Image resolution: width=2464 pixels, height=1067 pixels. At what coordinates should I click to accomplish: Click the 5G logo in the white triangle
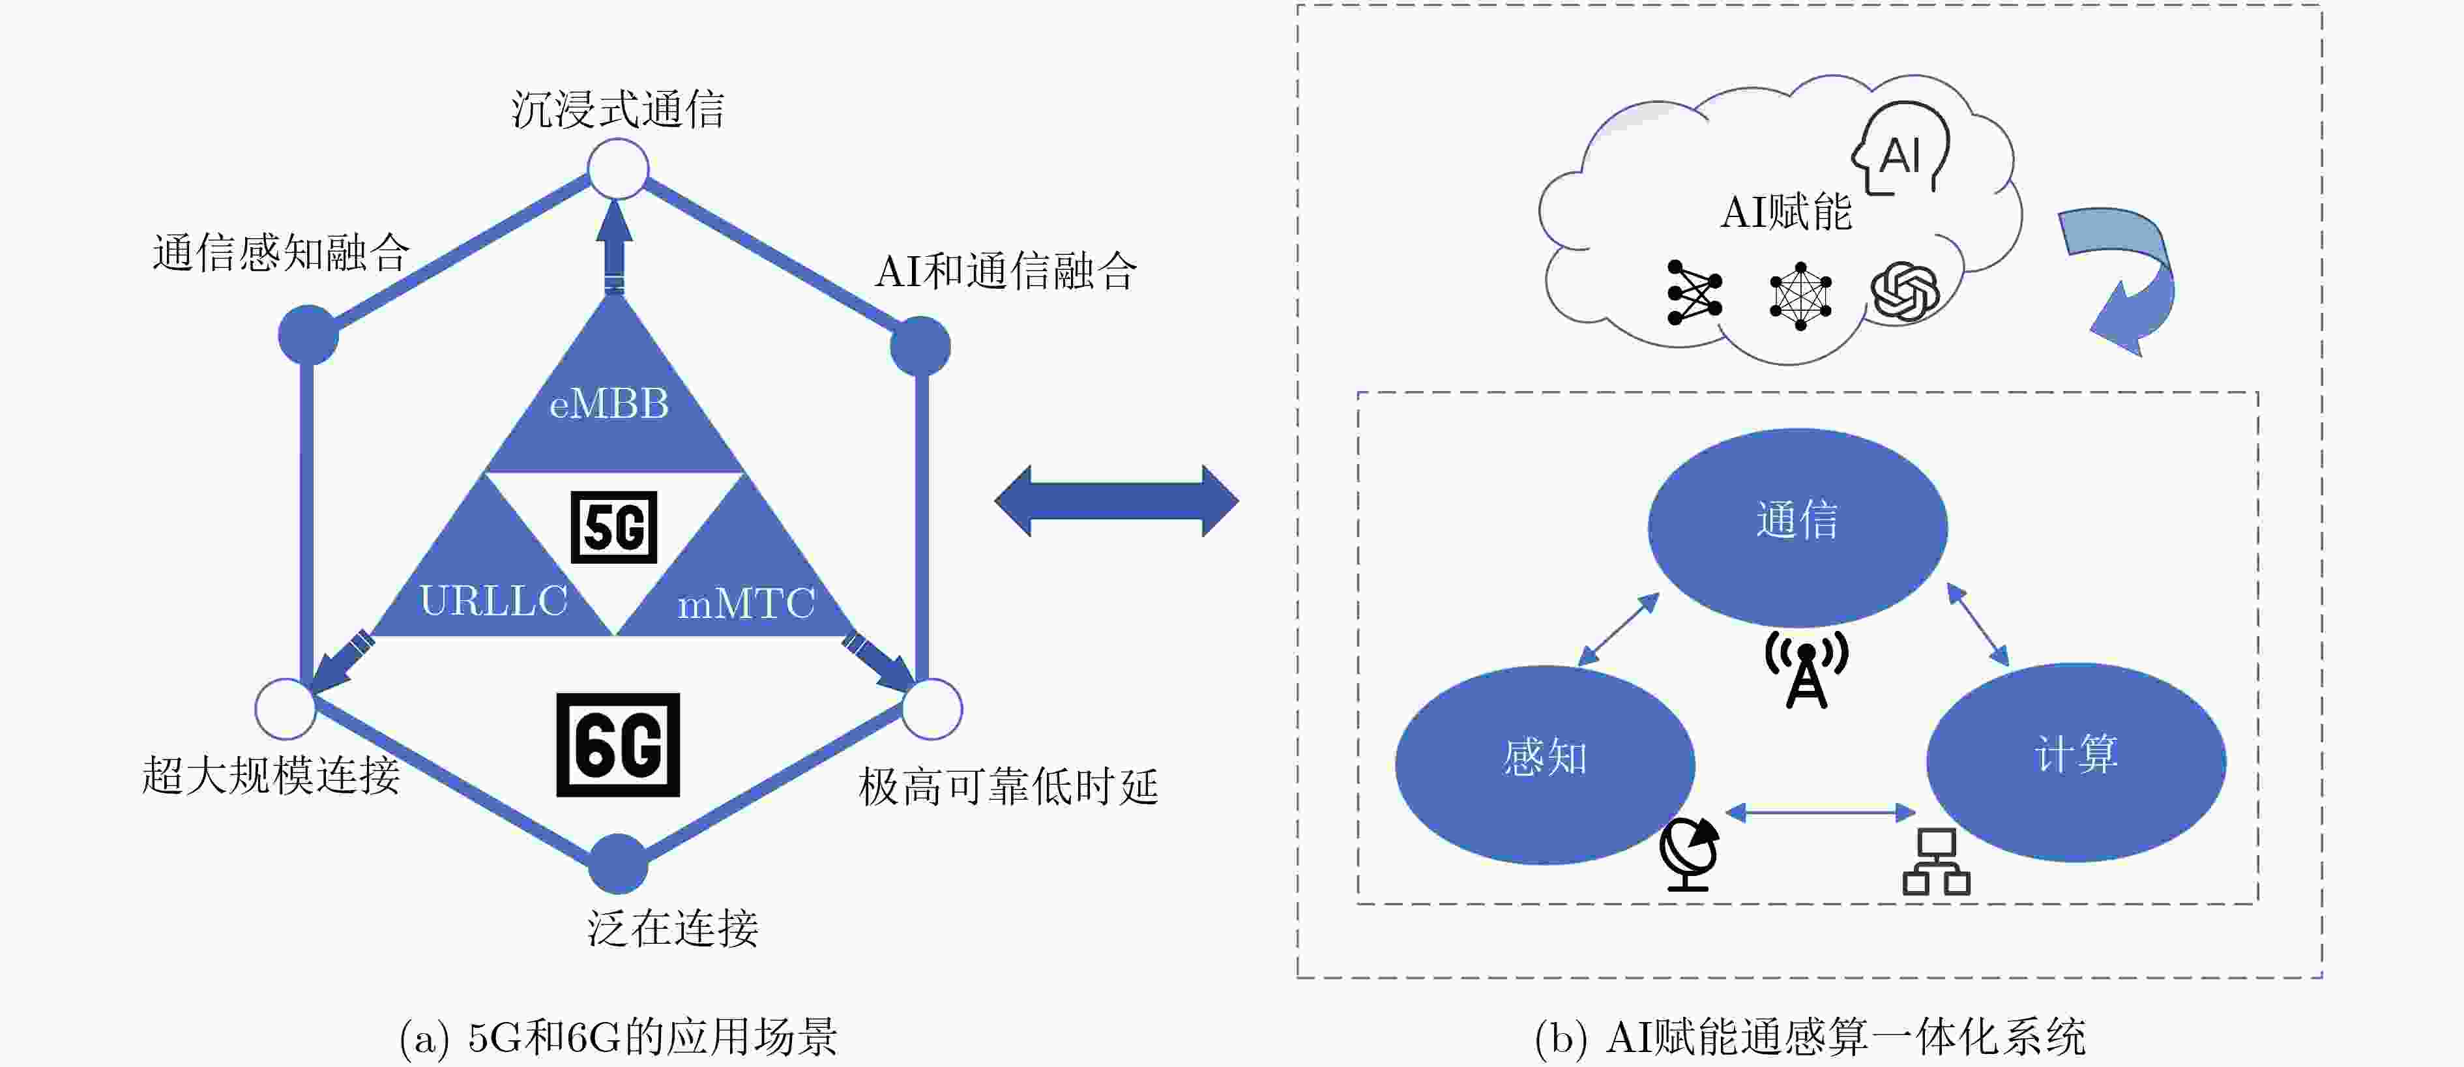[x=613, y=527]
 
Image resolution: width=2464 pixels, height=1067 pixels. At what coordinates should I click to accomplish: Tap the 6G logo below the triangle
[x=618, y=745]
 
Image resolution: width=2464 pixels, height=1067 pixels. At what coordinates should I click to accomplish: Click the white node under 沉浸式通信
[x=618, y=169]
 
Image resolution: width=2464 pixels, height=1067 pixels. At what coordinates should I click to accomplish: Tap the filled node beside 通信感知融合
[x=308, y=334]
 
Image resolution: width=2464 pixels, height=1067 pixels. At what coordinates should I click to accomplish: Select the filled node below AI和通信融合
[x=920, y=346]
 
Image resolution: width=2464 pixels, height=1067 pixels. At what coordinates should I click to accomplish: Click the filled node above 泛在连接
[x=618, y=864]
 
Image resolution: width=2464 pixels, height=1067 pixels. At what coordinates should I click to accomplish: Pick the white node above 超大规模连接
[x=285, y=709]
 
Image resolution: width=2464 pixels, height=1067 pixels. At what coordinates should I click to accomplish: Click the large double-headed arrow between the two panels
[x=1116, y=501]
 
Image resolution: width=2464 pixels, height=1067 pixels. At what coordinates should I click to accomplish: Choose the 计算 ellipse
[x=2075, y=761]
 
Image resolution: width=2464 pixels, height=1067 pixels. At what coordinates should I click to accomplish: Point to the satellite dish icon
[x=1689, y=854]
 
